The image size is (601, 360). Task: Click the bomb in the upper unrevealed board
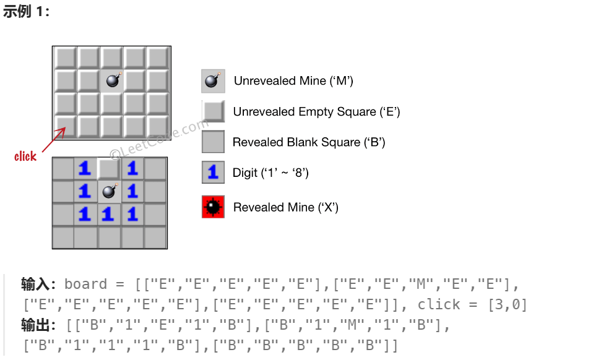[x=113, y=80]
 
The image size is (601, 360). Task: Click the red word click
[x=25, y=156]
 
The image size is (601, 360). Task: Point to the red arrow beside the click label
[x=54, y=140]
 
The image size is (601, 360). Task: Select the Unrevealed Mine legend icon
[x=213, y=81]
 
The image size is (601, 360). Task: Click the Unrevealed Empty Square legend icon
[x=214, y=111]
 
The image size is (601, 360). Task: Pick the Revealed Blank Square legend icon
[x=213, y=142]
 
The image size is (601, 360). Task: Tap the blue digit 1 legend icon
[x=213, y=173]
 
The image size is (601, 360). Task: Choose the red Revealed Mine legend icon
[x=213, y=207]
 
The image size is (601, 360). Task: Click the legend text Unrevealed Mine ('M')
[x=293, y=81]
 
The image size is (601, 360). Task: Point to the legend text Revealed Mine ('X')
[x=285, y=207]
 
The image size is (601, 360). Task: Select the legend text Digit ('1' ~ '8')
[x=270, y=173]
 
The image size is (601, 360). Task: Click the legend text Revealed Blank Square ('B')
[x=309, y=142]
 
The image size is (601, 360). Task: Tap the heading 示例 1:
[x=26, y=12]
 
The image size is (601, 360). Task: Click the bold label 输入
[x=35, y=284]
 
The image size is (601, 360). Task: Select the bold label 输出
[x=35, y=325]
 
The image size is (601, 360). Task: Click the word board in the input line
[x=86, y=284]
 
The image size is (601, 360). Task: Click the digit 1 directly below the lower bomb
[x=108, y=214]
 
